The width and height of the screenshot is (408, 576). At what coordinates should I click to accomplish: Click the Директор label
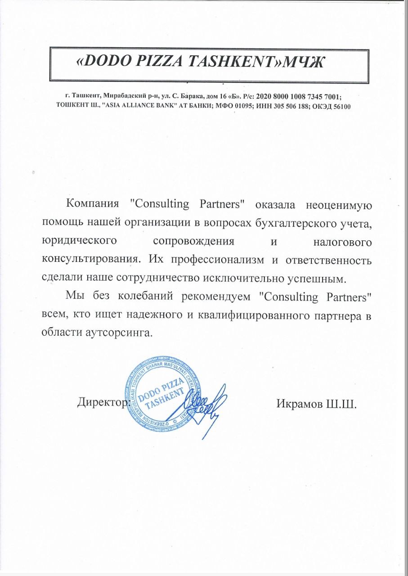pos(101,401)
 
